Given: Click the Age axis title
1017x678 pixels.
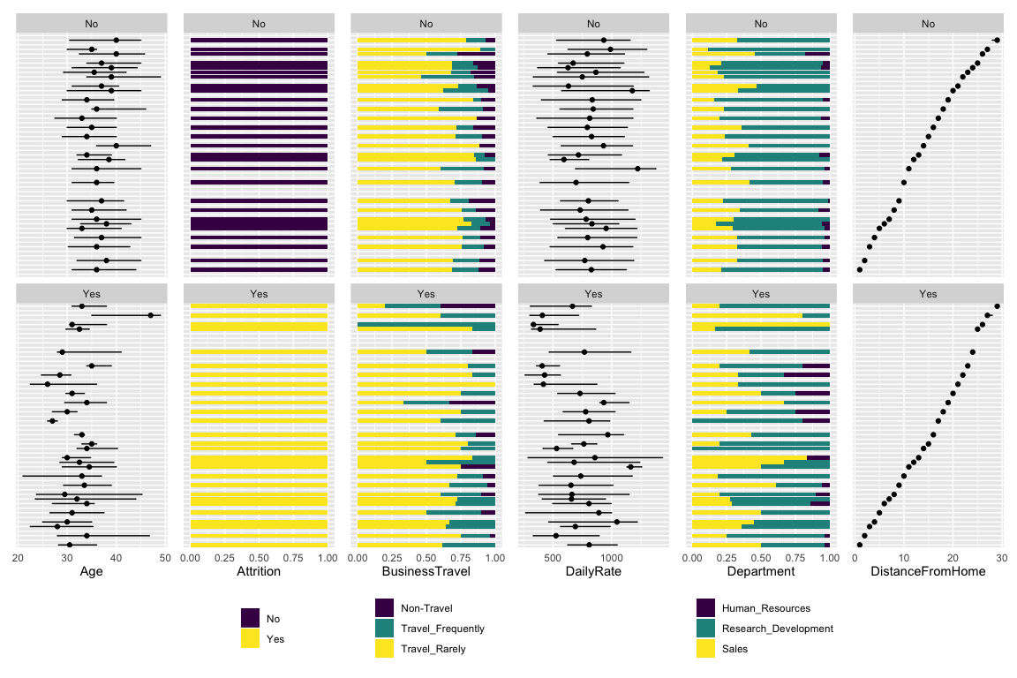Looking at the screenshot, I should [x=91, y=572].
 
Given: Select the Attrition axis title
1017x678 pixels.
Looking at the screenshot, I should [x=259, y=572].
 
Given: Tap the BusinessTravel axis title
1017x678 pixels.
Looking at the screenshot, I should [x=426, y=572].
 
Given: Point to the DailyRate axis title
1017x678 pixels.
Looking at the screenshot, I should [x=593, y=572].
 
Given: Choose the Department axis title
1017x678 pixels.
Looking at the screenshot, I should [x=761, y=572].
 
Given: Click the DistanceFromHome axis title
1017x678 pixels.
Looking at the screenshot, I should [x=928, y=572].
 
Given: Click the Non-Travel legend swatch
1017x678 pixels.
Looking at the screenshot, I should [x=385, y=608].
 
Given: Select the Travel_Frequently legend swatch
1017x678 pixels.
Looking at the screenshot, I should [x=385, y=629].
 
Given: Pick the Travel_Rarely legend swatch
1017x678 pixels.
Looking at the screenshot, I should [x=385, y=649].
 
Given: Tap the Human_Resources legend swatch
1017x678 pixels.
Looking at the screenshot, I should [x=706, y=608].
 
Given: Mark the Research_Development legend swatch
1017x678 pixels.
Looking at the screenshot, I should [x=706, y=629].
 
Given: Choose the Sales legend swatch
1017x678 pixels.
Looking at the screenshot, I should [x=706, y=649].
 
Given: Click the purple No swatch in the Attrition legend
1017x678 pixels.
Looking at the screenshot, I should [x=251, y=619].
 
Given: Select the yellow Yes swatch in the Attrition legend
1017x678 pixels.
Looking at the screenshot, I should [x=251, y=639].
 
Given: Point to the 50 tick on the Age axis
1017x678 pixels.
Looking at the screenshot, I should [x=165, y=557].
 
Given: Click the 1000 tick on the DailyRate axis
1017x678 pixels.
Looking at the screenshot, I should [x=611, y=557].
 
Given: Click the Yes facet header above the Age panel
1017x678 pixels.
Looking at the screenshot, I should [x=91, y=294].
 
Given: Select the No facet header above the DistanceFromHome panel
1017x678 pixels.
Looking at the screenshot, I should [x=928, y=24].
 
